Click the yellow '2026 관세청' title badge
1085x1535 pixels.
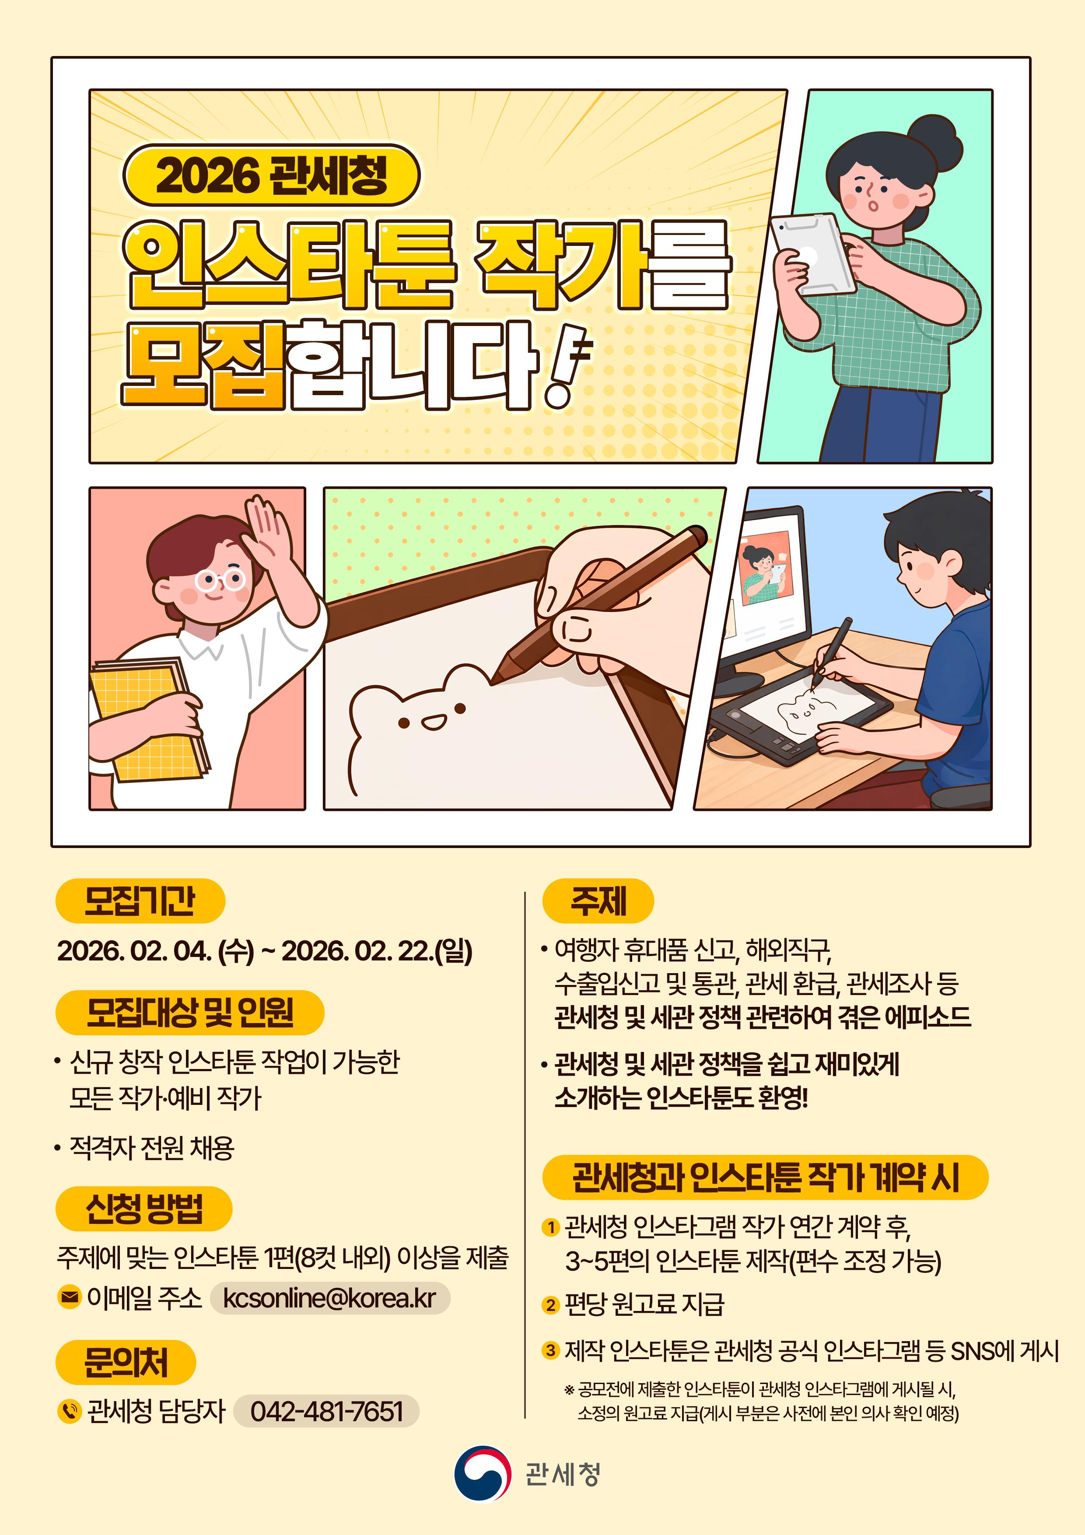(x=271, y=175)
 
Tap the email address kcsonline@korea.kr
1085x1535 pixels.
(x=329, y=1298)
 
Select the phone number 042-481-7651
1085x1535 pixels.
(x=326, y=1411)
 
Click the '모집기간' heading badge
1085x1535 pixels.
(x=140, y=901)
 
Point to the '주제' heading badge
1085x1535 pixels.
(x=598, y=901)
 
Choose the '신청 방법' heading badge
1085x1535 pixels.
(x=144, y=1209)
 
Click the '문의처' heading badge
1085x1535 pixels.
(x=126, y=1362)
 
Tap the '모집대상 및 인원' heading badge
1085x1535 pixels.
(x=190, y=1012)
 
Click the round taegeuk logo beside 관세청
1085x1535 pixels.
(x=483, y=1473)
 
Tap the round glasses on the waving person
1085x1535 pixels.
(x=220, y=579)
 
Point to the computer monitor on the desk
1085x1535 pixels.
(x=769, y=582)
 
